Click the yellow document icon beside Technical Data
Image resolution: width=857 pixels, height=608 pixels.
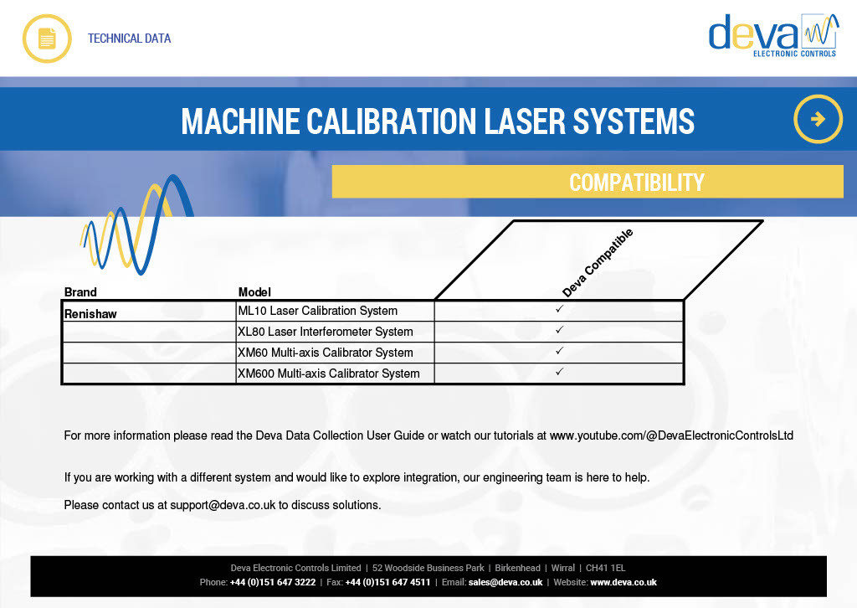47,39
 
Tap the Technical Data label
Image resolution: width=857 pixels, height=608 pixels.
130,39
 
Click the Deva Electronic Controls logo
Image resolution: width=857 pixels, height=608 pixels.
773,35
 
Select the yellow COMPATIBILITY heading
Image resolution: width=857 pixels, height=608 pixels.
637,183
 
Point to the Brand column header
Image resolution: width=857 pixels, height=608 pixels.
80,292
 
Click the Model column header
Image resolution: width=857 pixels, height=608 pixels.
254,292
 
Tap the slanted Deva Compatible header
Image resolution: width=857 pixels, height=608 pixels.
598,263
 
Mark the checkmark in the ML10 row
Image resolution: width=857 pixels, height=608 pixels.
559,309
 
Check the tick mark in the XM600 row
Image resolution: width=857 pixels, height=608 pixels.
559,372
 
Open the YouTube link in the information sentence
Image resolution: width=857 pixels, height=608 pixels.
671,435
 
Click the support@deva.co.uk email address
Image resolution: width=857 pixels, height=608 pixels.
223,505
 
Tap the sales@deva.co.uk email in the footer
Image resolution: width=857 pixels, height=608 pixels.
505,582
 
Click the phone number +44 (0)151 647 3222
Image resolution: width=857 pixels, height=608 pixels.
273,582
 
